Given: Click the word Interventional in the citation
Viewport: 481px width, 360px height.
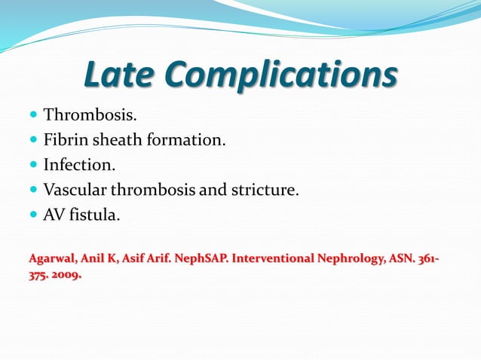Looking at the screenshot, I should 276,260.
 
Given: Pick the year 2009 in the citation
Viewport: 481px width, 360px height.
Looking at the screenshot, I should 66,275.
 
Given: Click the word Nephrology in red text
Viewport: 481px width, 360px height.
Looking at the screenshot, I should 352,260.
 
